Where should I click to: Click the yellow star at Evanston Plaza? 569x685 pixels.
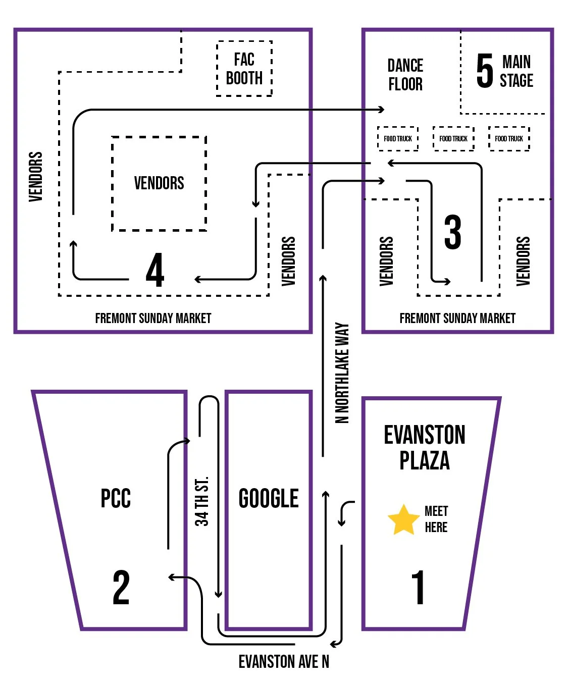click(x=403, y=520)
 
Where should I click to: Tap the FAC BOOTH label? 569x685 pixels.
click(x=244, y=69)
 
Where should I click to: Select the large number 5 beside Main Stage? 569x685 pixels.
click(x=485, y=71)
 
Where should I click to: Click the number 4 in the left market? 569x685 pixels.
click(x=155, y=270)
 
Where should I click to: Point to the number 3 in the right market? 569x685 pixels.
click(x=453, y=232)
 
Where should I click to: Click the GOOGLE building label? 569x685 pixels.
click(x=269, y=498)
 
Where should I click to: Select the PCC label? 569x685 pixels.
click(x=116, y=498)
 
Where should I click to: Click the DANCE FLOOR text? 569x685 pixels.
click(x=405, y=74)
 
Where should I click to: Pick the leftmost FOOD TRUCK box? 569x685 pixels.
click(x=398, y=139)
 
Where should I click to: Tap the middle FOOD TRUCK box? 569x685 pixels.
click(x=453, y=139)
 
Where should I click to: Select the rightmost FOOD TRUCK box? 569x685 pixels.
click(x=509, y=139)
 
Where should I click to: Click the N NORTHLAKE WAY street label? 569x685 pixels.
click(x=342, y=373)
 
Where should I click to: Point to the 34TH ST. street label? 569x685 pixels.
click(x=201, y=501)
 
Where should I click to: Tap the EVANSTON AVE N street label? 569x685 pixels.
click(x=284, y=661)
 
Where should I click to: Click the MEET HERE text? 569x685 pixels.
click(x=436, y=519)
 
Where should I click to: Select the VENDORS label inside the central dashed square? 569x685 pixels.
click(x=159, y=183)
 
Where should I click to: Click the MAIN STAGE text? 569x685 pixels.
click(x=516, y=71)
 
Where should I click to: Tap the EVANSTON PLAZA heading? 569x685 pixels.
click(x=425, y=447)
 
